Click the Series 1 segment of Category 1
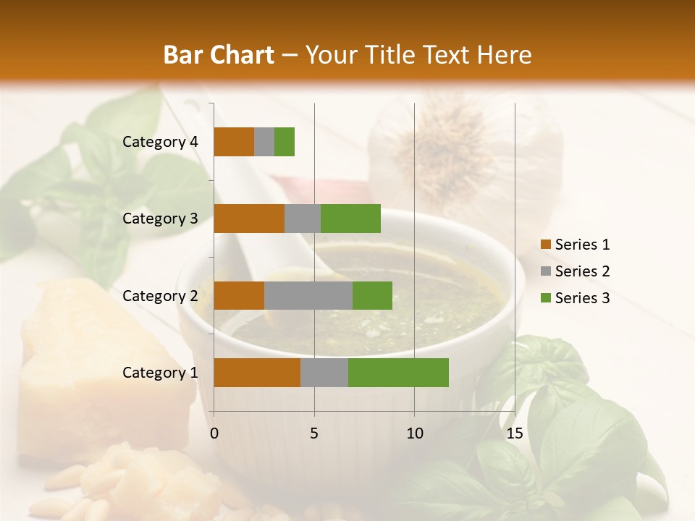[257, 373]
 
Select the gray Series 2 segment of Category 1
[324, 373]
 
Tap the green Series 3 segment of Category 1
[398, 373]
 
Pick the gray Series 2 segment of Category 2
[308, 295]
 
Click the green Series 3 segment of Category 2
[372, 295]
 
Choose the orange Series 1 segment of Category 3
[249, 219]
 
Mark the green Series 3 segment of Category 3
[350, 219]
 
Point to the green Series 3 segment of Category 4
[285, 142]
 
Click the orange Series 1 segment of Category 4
[234, 142]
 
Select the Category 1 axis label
[159, 373]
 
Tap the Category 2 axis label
[159, 295]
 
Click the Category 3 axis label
[159, 219]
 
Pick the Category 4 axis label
[159, 142]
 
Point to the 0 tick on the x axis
[214, 433]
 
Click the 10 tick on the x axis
[414, 433]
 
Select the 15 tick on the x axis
[514, 433]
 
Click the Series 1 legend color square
[545, 245]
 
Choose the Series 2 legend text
[582, 271]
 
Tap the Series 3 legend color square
[545, 298]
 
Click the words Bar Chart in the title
[219, 55]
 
